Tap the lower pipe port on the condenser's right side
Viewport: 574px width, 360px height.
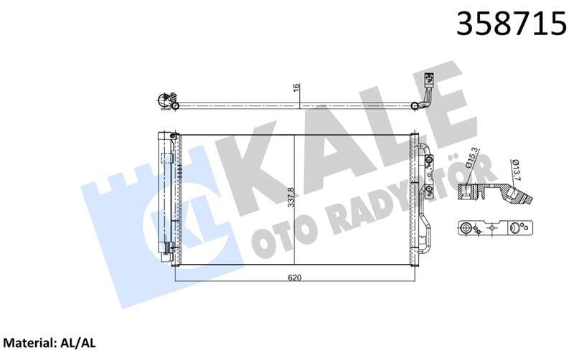(428, 189)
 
